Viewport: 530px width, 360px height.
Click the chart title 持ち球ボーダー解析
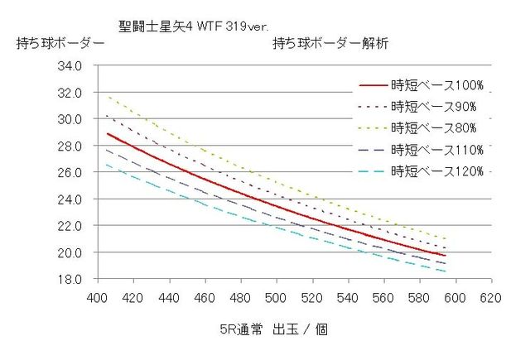(330, 45)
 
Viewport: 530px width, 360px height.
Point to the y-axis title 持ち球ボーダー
(60, 45)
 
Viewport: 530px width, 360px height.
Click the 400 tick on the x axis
(98, 297)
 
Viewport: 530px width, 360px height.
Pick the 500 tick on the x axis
(276, 297)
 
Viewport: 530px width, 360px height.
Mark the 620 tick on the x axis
(490, 297)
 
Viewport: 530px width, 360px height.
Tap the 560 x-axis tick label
(383, 297)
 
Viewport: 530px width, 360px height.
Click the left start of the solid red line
(107, 133)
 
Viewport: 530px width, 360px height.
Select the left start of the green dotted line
(107, 96)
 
